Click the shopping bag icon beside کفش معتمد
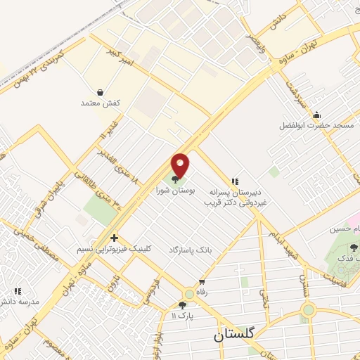pos(100,92)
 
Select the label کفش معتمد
pos(101,103)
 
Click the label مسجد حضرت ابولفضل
pos(324,125)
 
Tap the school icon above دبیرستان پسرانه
pos(235,181)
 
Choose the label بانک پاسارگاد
pos(190,250)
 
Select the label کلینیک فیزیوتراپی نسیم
pos(114,250)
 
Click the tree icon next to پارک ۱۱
pos(183,305)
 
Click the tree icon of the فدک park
pos(353,247)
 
